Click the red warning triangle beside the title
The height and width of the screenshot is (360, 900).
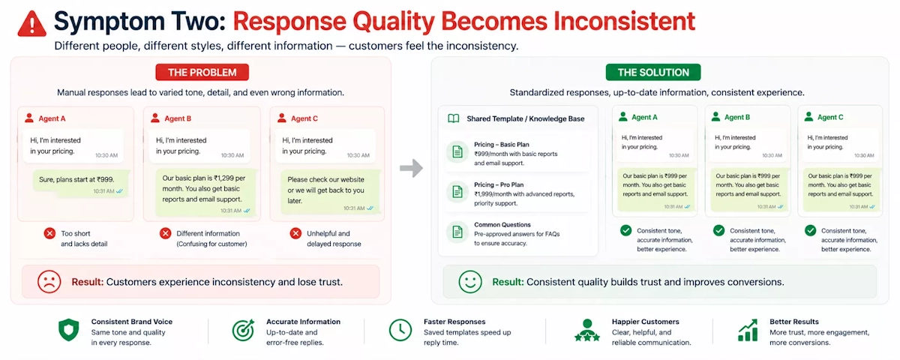tap(31, 24)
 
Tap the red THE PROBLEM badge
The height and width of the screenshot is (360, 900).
tap(202, 72)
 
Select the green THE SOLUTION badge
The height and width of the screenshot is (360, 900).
tap(653, 72)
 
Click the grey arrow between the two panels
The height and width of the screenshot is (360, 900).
tap(412, 168)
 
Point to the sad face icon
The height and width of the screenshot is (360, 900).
tap(49, 281)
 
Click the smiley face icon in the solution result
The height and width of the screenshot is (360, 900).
tap(470, 281)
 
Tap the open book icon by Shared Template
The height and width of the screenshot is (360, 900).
tap(454, 118)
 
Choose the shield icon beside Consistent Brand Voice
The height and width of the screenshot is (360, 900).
tap(69, 330)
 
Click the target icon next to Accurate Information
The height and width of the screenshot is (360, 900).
tap(244, 330)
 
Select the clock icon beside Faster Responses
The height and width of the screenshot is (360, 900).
tap(400, 330)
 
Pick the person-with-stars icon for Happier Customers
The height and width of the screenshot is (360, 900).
tap(587, 330)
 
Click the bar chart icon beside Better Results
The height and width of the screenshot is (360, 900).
tap(748, 330)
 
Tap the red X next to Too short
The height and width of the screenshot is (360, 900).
tap(49, 233)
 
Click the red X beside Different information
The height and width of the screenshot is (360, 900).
tap(165, 233)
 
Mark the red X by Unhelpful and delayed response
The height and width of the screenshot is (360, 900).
tap(295, 233)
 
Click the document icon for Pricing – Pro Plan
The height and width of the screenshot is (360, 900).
tap(457, 192)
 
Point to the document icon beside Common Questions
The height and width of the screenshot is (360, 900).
tap(457, 232)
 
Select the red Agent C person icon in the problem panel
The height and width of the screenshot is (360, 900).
tap(282, 118)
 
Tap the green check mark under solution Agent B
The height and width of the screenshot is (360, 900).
tap(718, 230)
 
